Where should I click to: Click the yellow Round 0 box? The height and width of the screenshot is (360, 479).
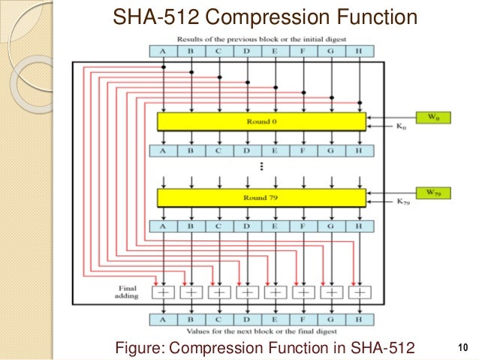261,121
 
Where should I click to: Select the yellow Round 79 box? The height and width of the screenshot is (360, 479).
261,198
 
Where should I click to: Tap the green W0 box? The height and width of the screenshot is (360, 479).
423,116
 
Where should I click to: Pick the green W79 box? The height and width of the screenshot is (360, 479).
423,192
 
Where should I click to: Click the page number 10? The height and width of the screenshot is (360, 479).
461,347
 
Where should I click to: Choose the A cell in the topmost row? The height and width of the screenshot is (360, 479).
164,51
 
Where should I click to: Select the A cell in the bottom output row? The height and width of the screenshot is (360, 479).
164,318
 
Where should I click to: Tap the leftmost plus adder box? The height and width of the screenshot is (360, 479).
164,291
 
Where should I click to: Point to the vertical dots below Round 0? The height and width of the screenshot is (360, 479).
261,165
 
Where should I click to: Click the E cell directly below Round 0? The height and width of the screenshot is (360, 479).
276,150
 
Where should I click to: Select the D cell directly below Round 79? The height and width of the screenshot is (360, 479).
248,225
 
